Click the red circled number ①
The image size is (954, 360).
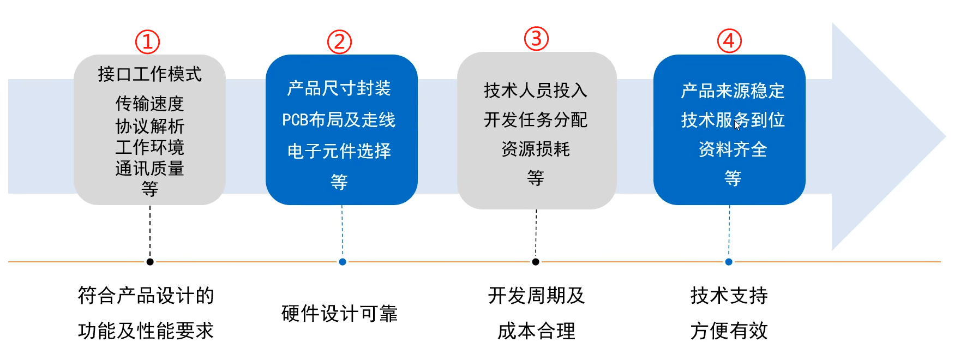[147, 41]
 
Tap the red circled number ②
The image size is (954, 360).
[339, 41]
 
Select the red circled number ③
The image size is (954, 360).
[536, 39]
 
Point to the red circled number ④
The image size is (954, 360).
[729, 41]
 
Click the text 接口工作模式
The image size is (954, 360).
[149, 74]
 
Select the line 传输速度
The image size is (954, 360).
[149, 103]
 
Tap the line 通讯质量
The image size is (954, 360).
[149, 169]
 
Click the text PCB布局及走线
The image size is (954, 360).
[339, 120]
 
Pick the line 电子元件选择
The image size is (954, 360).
[339, 151]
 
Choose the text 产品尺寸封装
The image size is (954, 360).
[339, 88]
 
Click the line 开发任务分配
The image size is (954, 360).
[536, 120]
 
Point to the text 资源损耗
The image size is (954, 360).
[536, 149]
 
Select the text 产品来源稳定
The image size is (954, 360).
[733, 91]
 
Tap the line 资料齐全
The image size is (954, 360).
[733, 149]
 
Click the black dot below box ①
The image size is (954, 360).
[150, 262]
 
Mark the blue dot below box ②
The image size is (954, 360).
[343, 262]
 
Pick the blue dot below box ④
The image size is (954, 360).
[729, 262]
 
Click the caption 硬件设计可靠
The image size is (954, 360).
[339, 314]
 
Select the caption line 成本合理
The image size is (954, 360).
[536, 331]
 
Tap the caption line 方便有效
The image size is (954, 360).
[729, 331]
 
